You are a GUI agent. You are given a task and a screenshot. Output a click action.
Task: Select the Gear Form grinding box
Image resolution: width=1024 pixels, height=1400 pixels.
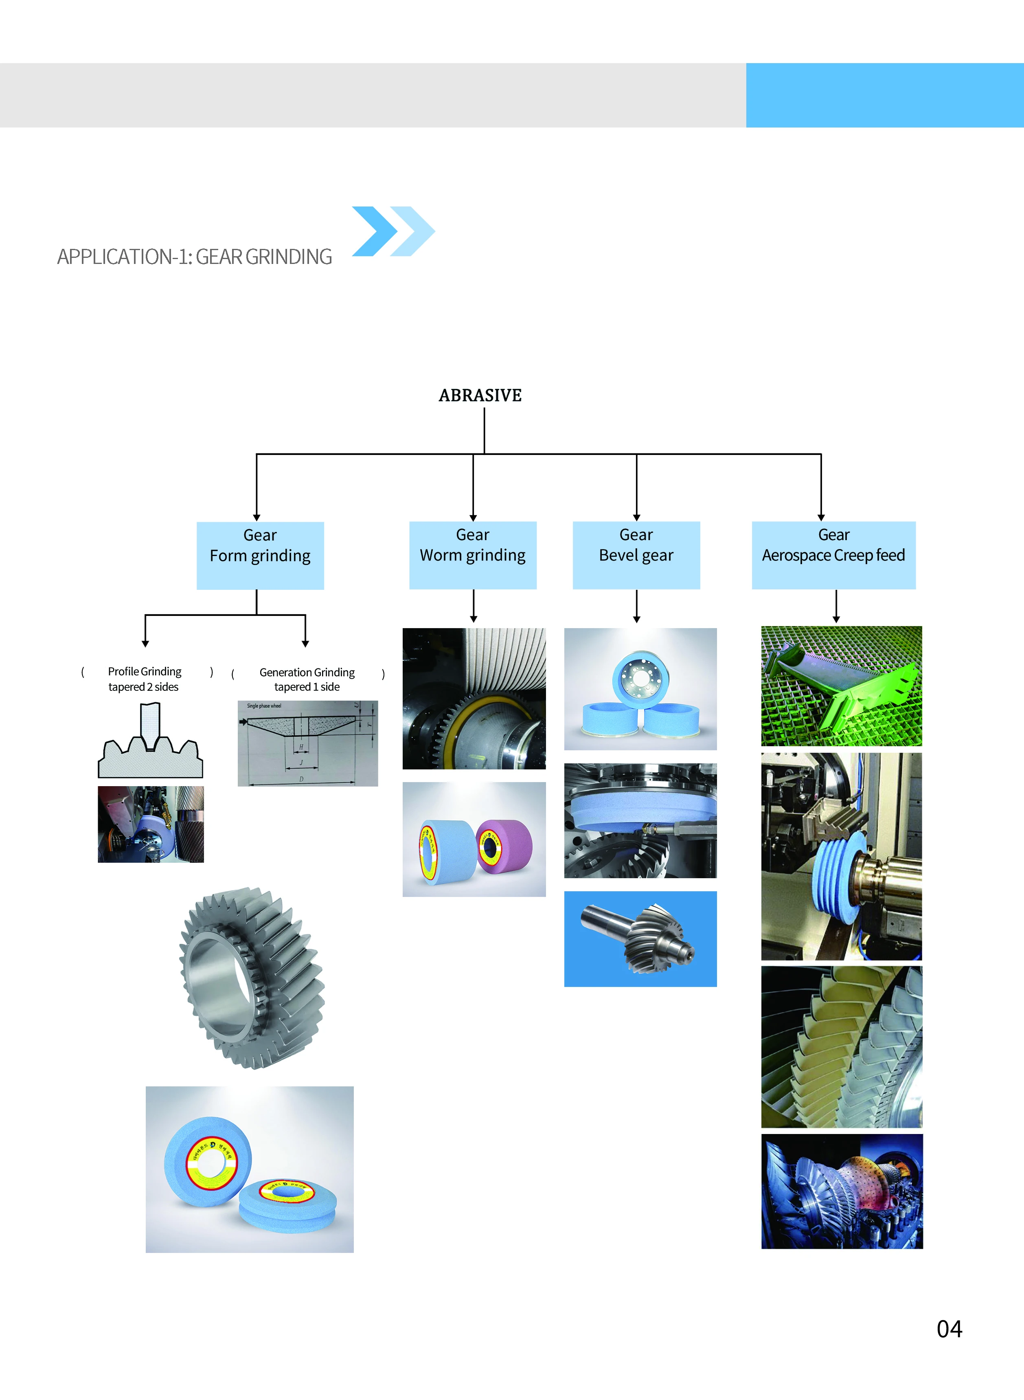pyautogui.click(x=260, y=555)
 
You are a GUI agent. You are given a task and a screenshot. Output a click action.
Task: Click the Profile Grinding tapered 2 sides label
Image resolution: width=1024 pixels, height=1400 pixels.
pyautogui.click(x=145, y=679)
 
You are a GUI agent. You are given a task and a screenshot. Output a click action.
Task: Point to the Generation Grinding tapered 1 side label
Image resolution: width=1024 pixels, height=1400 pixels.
pyautogui.click(x=307, y=679)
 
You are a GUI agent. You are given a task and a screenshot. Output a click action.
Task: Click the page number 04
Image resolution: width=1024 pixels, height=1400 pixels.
pyautogui.click(x=949, y=1329)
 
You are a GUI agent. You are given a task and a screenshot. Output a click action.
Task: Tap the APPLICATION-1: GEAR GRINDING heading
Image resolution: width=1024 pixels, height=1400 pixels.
pyautogui.click(x=195, y=257)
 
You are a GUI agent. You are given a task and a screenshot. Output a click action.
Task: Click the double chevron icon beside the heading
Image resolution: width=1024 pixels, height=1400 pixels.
pyautogui.click(x=393, y=231)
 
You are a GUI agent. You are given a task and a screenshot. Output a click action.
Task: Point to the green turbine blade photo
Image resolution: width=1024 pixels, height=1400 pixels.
pyautogui.click(x=841, y=686)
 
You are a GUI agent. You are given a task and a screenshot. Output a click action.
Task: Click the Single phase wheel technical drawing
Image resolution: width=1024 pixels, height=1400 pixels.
pyautogui.click(x=307, y=743)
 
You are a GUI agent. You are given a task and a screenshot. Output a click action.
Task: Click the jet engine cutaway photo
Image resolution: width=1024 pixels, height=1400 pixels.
pyautogui.click(x=842, y=1191)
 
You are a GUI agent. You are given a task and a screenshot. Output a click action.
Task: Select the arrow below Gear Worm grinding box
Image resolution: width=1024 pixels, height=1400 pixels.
pyautogui.click(x=474, y=606)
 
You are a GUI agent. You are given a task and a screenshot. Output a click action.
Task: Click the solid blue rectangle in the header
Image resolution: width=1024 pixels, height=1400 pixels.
pyautogui.click(x=884, y=95)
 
